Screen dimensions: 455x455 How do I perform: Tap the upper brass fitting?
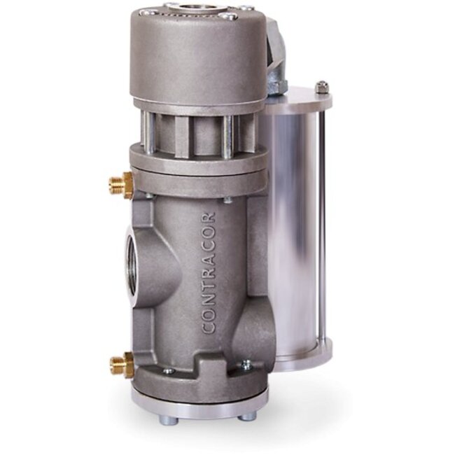[121, 185]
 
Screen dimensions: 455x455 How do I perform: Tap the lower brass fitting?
[120, 363]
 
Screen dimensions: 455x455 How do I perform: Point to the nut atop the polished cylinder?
[321, 87]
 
